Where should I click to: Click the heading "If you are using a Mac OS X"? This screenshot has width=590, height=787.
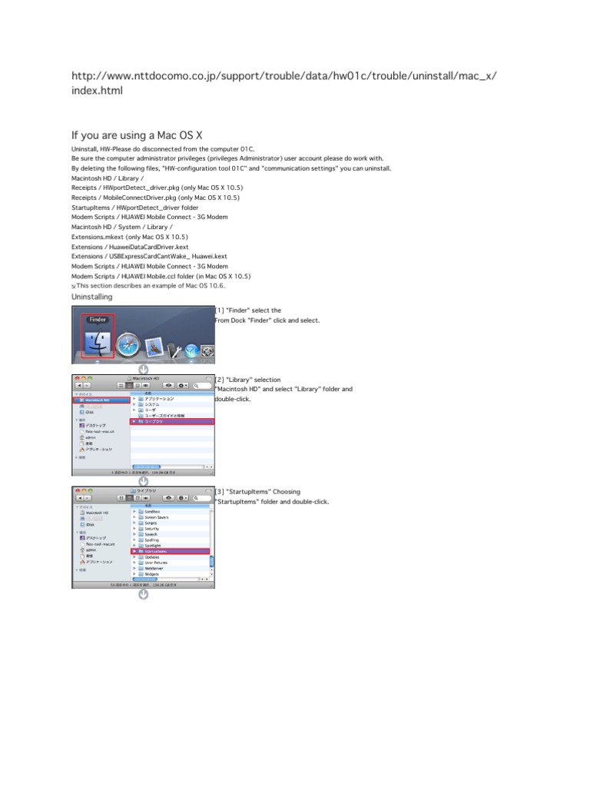tap(137, 135)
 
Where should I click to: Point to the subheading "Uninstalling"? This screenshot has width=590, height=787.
tap(91, 297)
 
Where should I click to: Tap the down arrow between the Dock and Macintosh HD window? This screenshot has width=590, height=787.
tap(143, 370)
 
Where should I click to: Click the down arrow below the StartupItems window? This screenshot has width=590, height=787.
tap(143, 593)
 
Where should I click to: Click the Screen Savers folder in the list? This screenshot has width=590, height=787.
tap(157, 517)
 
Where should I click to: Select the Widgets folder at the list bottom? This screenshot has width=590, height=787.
tap(151, 574)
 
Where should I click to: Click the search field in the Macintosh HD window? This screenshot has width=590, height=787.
tap(203, 384)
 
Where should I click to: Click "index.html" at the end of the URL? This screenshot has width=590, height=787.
tap(97, 91)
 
